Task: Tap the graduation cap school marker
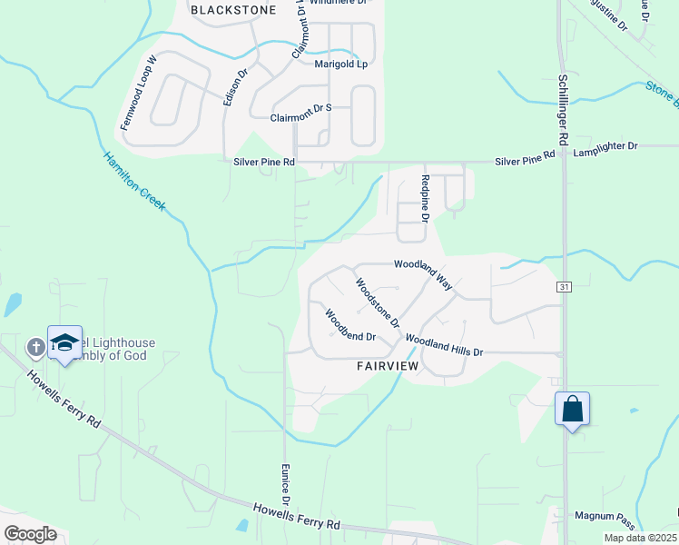tap(64, 342)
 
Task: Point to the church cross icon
tap(35, 346)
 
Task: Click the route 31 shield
tap(565, 287)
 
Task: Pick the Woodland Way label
tap(424, 272)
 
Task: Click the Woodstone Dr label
tap(378, 302)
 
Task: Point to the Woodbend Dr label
tap(350, 324)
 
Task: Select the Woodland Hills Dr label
tap(444, 345)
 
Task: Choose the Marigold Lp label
tap(340, 64)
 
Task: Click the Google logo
tap(29, 533)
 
